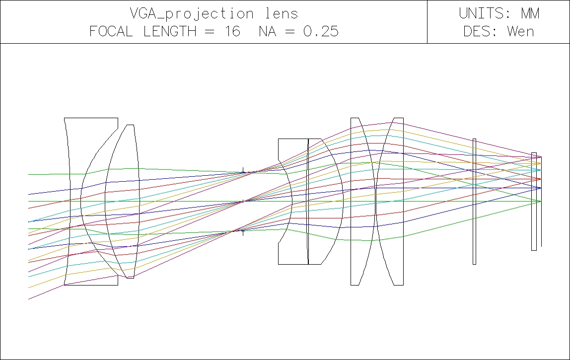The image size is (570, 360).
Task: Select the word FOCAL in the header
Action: tap(111, 31)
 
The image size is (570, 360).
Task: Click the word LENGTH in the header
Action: tap(170, 31)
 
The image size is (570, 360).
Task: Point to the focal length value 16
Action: tap(232, 31)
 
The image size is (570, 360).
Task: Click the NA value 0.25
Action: tap(321, 31)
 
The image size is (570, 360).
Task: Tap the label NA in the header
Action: tap(268, 31)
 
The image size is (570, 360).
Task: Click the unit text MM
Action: tap(530, 13)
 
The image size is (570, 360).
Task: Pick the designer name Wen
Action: tap(520, 31)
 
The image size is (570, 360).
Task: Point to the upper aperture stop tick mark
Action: tap(243, 170)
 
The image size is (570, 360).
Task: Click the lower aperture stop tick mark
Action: tap(243, 232)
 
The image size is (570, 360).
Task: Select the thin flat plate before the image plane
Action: tap(474, 202)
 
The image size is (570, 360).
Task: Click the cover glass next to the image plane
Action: tap(534, 202)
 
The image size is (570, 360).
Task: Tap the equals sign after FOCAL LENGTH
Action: tap(210, 32)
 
